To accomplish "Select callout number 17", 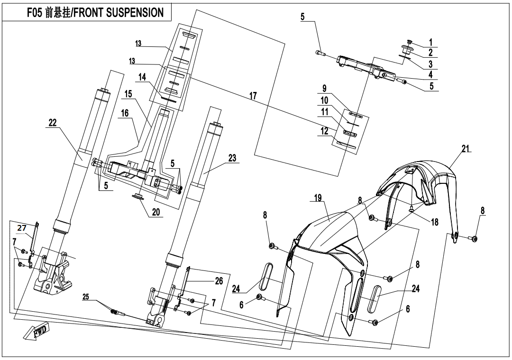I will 253,96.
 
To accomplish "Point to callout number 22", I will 52,122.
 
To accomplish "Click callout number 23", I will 232,158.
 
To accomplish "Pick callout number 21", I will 465,149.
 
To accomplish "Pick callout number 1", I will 431,42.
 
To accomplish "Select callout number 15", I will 128,94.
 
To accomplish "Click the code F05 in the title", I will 36,13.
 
